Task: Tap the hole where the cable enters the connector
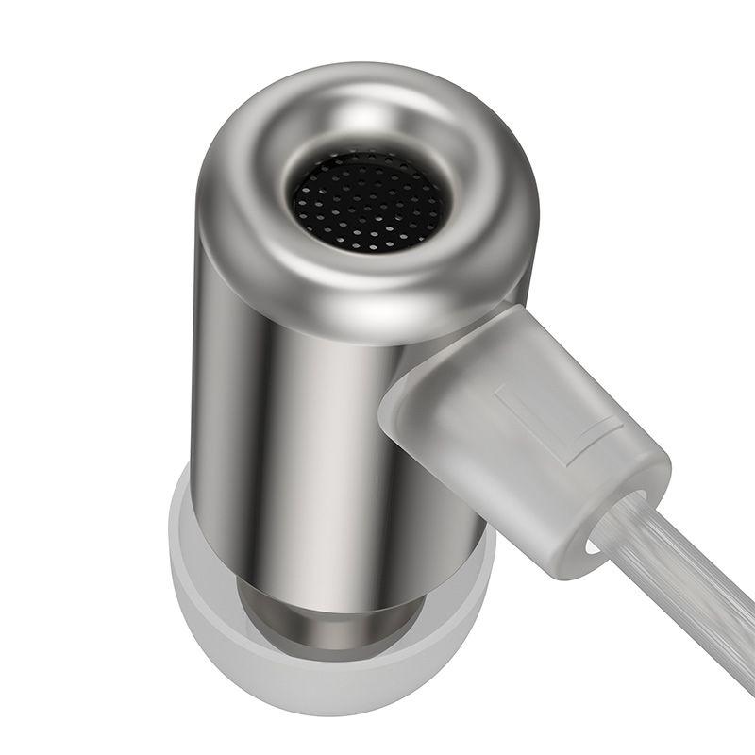[x=613, y=525]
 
